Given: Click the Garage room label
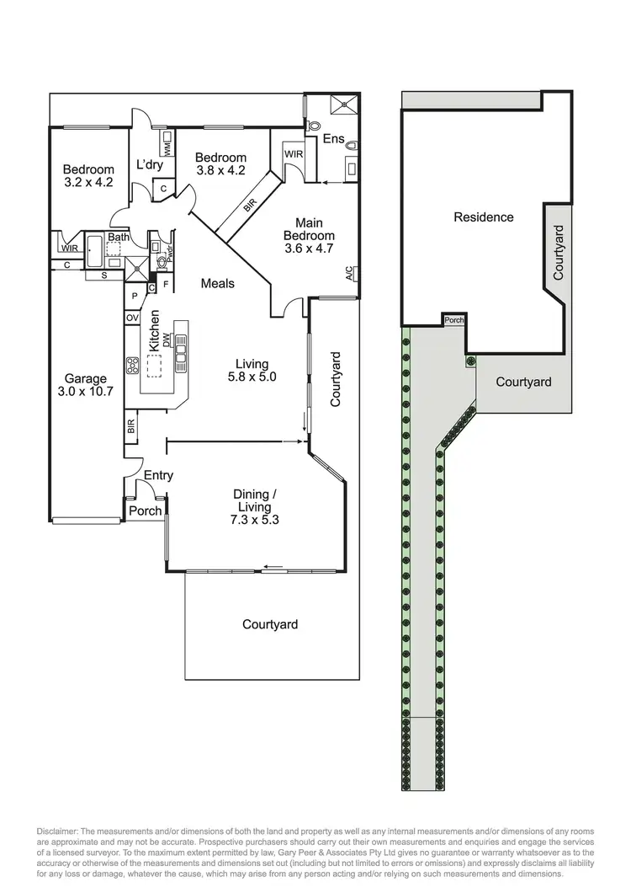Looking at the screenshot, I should [x=83, y=379].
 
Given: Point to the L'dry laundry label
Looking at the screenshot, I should [x=149, y=164].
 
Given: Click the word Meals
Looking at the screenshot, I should [x=217, y=283].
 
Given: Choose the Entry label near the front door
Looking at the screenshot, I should [x=158, y=475].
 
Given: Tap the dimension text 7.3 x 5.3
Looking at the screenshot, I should [x=254, y=520].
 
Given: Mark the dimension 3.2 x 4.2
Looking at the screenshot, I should [x=87, y=181].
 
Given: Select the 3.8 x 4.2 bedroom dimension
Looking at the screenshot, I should [x=220, y=168].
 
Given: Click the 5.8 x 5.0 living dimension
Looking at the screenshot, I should [x=252, y=377].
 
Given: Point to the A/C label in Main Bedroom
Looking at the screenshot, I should [x=349, y=273].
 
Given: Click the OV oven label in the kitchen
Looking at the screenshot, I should [x=132, y=318].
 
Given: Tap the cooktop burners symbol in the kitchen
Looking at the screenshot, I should [x=133, y=365].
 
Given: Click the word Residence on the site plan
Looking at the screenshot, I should [x=483, y=217].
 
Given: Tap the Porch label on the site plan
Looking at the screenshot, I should [x=455, y=320].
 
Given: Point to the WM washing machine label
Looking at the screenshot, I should [x=167, y=148].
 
